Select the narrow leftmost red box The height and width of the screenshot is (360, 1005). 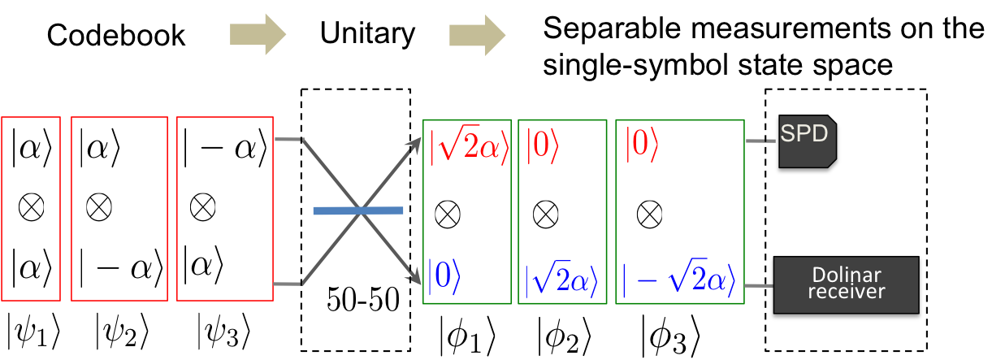coord(31,209)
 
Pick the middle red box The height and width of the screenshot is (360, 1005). coord(119,209)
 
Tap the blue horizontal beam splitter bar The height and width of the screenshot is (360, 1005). coord(358,210)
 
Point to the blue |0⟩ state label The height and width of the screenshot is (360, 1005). coord(444,276)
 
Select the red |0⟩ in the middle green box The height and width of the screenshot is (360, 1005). coord(543,146)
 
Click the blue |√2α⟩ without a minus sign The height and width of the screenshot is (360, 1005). coord(561,280)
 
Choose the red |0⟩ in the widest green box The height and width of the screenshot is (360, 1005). coord(642,146)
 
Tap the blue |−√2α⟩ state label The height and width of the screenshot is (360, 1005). coord(679,280)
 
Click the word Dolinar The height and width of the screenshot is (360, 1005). coord(846,274)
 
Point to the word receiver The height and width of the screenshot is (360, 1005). coord(846,291)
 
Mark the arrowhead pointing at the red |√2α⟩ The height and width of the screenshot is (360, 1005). coord(417,144)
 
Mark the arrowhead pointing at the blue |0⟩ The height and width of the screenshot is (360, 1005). coord(417,279)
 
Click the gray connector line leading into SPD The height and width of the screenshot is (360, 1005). coord(760,141)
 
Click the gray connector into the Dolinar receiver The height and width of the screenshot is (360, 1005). coord(759,285)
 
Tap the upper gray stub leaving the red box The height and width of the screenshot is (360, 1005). coord(288,139)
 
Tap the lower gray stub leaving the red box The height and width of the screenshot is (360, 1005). coord(288,284)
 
